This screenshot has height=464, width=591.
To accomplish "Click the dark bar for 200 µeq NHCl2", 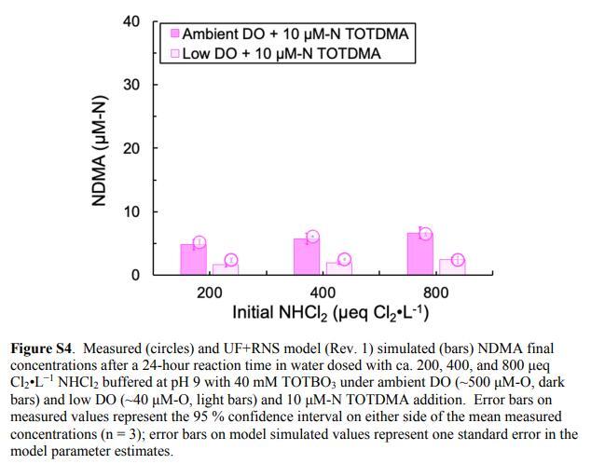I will coord(193,259).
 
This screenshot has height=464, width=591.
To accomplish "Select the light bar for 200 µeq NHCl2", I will coord(226,269).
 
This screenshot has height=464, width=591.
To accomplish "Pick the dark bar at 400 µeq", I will coord(307,256).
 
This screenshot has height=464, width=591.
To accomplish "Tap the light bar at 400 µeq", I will coord(338,268).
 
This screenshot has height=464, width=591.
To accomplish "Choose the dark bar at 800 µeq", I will coord(419,253).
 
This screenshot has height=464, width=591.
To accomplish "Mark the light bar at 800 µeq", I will coord(452,266).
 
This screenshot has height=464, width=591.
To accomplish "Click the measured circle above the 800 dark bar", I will coord(426,234).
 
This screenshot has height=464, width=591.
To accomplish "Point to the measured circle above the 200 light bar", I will coord(231,260).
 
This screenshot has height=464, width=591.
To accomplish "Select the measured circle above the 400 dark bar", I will coord(313,237).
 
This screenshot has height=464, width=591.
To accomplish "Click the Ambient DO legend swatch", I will coord(174,34).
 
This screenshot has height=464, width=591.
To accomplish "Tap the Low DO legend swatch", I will coord(174,53).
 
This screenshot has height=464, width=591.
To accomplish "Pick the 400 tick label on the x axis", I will coord(322,293).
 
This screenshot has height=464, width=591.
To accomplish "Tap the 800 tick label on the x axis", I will coord(435,293).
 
